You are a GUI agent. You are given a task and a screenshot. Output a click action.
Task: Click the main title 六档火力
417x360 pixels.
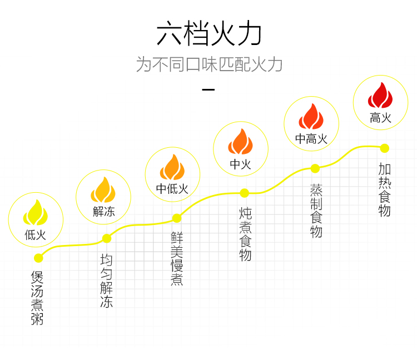pos(209,34)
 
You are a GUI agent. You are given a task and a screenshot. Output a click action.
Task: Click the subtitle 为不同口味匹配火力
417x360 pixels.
pos(209,64)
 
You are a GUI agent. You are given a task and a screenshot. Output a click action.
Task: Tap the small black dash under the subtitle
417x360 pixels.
pos(209,89)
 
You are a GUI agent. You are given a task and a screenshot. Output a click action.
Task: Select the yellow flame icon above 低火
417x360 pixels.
pos(36,213)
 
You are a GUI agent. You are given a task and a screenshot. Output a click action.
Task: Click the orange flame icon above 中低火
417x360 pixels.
pos(172,166)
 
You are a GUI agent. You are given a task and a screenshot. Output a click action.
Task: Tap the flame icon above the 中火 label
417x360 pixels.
pos(241,142)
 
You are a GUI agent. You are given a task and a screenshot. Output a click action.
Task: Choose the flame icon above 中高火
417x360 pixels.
pos(311,117)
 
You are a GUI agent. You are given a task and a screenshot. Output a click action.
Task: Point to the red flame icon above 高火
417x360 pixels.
pos(380,96)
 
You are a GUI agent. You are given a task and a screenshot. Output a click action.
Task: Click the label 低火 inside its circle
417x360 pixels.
pos(36,234)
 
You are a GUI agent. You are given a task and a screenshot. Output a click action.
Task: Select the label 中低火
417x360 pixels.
pos(172,189)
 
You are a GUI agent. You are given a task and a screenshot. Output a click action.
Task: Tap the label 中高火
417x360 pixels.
pos(311,139)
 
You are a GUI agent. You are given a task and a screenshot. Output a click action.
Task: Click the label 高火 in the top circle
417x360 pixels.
pos(380,118)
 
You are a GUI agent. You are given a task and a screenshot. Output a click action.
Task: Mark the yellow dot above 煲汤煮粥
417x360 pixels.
pos(38,258)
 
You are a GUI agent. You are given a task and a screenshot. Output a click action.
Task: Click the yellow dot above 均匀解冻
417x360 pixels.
pos(107,239)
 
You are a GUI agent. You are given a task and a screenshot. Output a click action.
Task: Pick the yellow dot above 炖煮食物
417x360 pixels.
pos(244,193)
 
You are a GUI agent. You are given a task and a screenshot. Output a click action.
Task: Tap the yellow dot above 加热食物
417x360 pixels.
pos(384,148)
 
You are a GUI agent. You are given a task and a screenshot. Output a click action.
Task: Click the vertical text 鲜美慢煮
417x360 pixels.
pos(177,258)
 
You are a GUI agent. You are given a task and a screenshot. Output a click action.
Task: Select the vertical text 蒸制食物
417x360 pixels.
pos(316,210)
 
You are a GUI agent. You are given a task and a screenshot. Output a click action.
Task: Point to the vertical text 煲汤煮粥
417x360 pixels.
pos(37,298)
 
